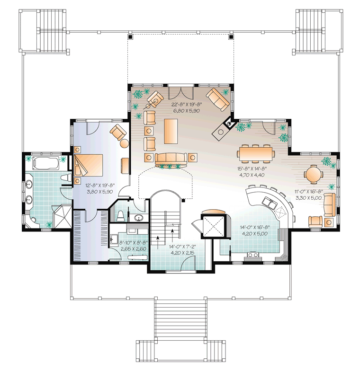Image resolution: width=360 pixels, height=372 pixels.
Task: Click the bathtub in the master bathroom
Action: click(45, 163)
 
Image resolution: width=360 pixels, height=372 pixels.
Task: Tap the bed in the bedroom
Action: click(88, 165)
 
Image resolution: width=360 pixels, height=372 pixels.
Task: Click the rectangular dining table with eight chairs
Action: click(255, 154)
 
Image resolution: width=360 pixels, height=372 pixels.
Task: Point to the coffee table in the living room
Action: click(171, 131)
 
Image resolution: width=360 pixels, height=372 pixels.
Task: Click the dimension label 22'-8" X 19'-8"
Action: click(187, 105)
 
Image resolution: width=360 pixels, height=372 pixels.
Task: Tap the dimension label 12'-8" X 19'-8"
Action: click(100, 186)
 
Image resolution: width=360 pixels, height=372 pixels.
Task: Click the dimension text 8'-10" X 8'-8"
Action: click(134, 243)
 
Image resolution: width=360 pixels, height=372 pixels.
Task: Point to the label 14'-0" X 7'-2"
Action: click(183, 247)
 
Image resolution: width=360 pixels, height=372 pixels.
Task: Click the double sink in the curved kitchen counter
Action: click(270, 203)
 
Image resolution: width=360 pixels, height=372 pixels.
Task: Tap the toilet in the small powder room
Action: click(121, 215)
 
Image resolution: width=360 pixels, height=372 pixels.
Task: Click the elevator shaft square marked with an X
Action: click(213, 226)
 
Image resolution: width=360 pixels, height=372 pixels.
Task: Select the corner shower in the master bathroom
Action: click(62, 216)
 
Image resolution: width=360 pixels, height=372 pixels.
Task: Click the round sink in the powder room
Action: click(138, 217)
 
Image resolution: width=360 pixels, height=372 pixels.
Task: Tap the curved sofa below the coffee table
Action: click(170, 160)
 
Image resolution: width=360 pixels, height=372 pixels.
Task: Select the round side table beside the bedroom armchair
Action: click(125, 143)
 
